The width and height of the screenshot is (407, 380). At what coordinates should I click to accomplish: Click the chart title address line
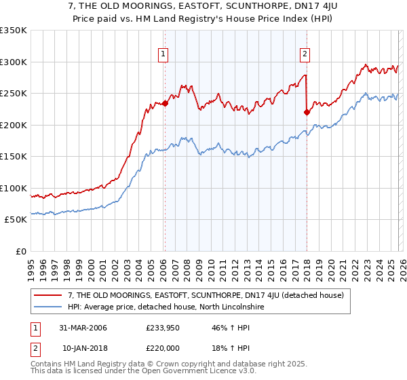point(203,7)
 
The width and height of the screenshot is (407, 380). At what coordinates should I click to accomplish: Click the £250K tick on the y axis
point(14,94)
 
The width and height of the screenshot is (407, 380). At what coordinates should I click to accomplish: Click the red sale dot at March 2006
point(165,104)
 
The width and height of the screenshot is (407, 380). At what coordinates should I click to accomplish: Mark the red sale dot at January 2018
point(307,113)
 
